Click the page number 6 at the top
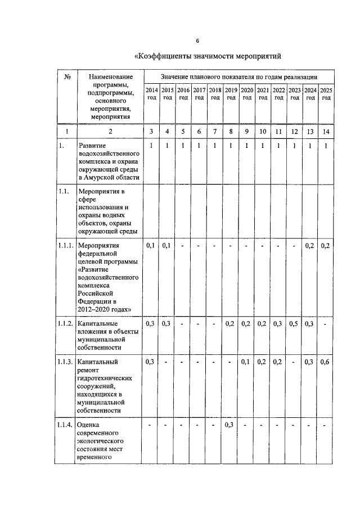[x=197, y=40]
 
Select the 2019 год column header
[x=231, y=93]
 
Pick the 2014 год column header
[x=152, y=93]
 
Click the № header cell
[x=66, y=76]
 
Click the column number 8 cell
[x=231, y=132]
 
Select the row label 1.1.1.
[x=66, y=246]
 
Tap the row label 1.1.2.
[x=66, y=324]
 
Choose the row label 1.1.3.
[x=66, y=362]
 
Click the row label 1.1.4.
[x=66, y=425]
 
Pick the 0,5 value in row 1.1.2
[x=294, y=324]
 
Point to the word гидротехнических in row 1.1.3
[x=105, y=379]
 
